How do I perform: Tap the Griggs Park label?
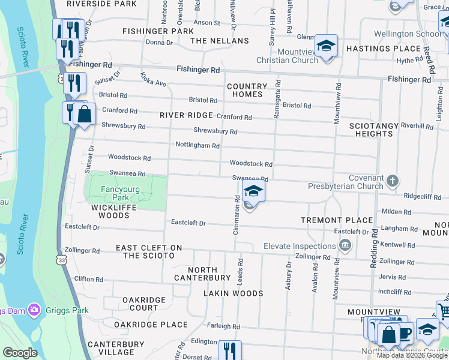coord(69,310)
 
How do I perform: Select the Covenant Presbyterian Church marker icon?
coord(392,180)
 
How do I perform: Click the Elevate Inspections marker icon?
coord(345,245)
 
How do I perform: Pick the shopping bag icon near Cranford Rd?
coord(85,114)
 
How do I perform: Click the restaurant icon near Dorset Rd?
coord(229,350)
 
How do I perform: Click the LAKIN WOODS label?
coord(233,293)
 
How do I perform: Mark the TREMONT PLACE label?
coord(337,220)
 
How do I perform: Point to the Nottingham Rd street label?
coord(197,145)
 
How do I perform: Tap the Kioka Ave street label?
coord(153,79)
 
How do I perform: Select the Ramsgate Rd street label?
coord(277,98)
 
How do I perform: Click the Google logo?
coord(20,353)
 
